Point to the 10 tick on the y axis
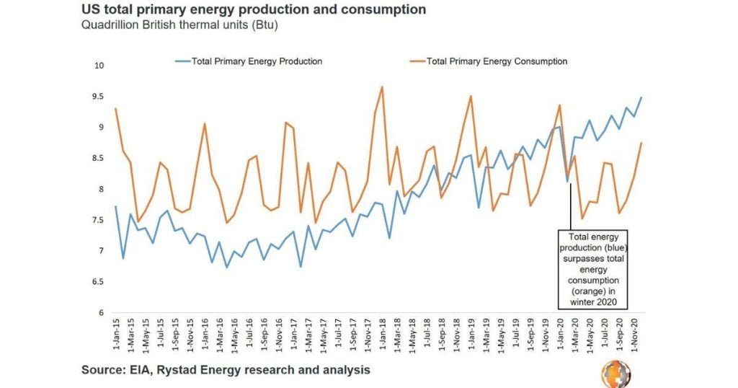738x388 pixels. pyautogui.click(x=99, y=66)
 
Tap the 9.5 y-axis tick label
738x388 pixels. pyautogui.click(x=99, y=97)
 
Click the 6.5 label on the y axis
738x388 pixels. pyautogui.click(x=99, y=282)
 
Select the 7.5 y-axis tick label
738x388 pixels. pyautogui.click(x=99, y=220)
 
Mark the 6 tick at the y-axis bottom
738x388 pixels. pyautogui.click(x=102, y=313)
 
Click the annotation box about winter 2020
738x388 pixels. pyautogui.click(x=593, y=270)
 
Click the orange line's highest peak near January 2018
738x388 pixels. pyautogui.click(x=382, y=87)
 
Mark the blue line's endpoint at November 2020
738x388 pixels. pyautogui.click(x=641, y=97)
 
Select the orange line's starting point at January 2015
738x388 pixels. pyautogui.click(x=115, y=109)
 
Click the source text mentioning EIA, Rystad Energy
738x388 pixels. pyautogui.click(x=226, y=370)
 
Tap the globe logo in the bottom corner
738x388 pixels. pyautogui.click(x=616, y=373)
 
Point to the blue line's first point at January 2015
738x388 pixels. pyautogui.click(x=115, y=206)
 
